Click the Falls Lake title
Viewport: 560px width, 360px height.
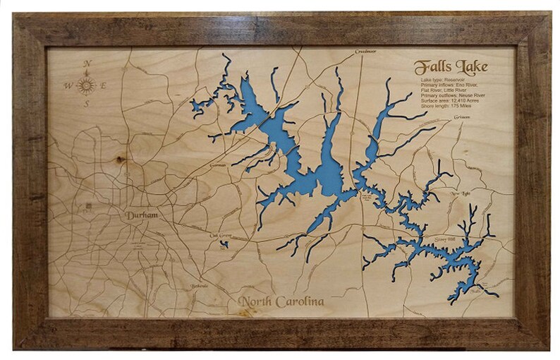point(449,68)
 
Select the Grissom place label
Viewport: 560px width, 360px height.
point(462,116)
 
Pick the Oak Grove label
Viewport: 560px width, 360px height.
point(221,236)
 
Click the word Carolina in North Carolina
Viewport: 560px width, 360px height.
point(301,302)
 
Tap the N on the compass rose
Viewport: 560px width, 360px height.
point(87,64)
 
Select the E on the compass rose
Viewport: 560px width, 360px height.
point(105,85)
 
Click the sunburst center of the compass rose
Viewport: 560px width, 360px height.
point(87,85)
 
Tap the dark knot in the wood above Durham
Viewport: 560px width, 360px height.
point(121,160)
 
